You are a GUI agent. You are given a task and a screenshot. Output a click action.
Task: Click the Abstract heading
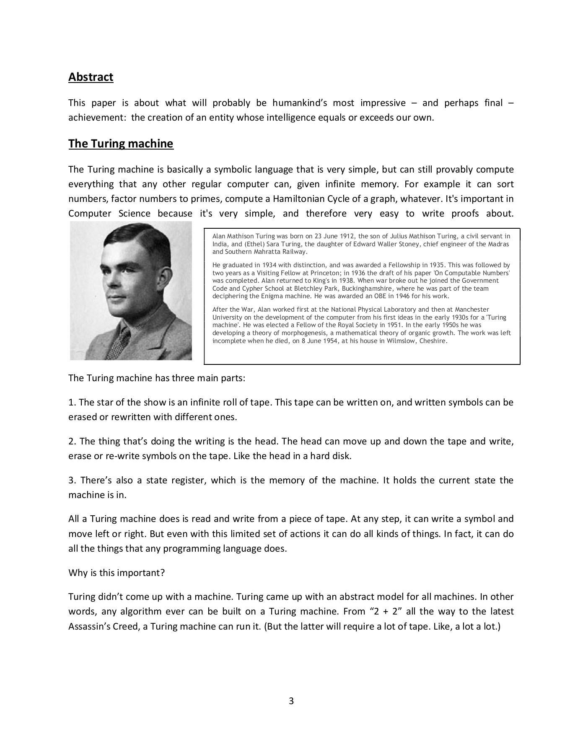pos(91,77)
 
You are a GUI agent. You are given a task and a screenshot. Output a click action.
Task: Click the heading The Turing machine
pos(121,144)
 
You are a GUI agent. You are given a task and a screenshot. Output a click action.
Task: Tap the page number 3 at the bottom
pos(291,701)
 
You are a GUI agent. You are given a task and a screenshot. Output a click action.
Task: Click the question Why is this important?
pos(117,573)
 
